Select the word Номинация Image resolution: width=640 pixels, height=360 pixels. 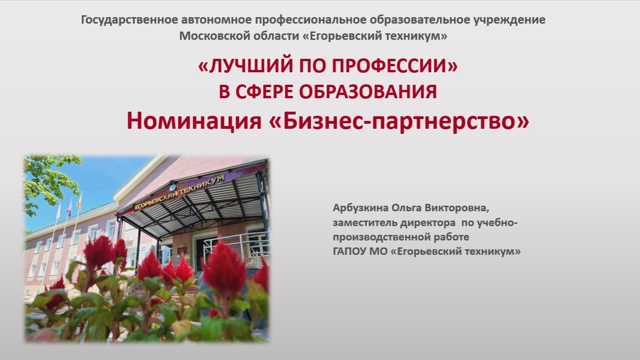click(194, 120)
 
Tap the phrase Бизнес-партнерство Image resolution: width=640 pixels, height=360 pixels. click(400, 121)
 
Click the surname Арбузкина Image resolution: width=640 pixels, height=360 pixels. click(361, 208)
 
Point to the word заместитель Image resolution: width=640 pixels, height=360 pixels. click(365, 222)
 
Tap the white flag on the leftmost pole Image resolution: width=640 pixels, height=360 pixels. click(58, 211)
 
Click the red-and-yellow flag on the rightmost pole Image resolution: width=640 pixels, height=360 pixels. click(80, 202)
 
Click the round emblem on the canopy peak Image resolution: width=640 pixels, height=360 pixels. click(173, 188)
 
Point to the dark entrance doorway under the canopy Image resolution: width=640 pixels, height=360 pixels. click(206, 252)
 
